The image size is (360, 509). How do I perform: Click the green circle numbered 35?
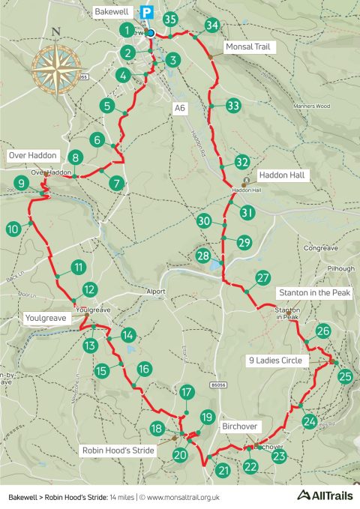[170, 20]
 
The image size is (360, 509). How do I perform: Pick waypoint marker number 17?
[187, 392]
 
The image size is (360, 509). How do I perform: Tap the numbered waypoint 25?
[345, 376]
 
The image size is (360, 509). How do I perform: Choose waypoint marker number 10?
[13, 229]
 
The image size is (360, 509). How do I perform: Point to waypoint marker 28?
[202, 256]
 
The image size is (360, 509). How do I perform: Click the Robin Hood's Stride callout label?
[118, 451]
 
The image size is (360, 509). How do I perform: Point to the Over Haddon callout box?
[32, 155]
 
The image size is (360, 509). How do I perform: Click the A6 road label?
[178, 109]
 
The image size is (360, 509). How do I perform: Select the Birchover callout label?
[239, 426]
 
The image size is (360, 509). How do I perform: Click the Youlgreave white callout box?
[46, 318]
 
